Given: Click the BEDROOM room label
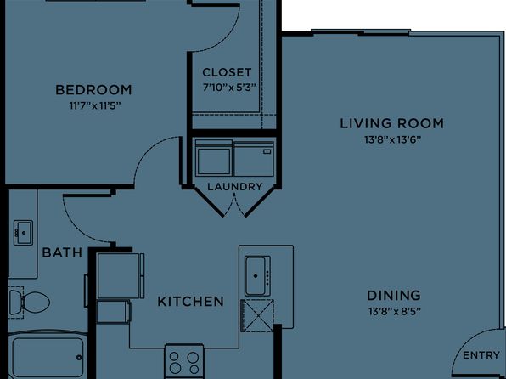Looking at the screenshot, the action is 93,90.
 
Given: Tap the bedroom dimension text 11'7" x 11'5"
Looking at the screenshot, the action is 95,105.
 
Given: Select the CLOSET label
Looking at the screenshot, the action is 227,72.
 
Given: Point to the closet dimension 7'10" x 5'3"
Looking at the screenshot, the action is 229,88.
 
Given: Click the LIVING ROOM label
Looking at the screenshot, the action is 392,123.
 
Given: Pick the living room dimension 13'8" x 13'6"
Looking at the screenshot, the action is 393,139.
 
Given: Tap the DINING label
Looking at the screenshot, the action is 394,296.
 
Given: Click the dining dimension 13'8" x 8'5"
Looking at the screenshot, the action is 394,312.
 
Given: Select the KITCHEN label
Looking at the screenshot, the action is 191,302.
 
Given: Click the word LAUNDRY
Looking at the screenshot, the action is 235,187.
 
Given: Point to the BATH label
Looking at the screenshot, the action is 62,252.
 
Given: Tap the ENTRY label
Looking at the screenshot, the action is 481,355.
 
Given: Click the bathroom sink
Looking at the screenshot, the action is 23,233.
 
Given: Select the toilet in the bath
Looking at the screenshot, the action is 29,303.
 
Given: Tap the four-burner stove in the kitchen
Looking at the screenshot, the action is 184,361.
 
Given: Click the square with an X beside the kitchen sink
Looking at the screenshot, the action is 257,315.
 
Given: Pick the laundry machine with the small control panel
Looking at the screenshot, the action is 254,159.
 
